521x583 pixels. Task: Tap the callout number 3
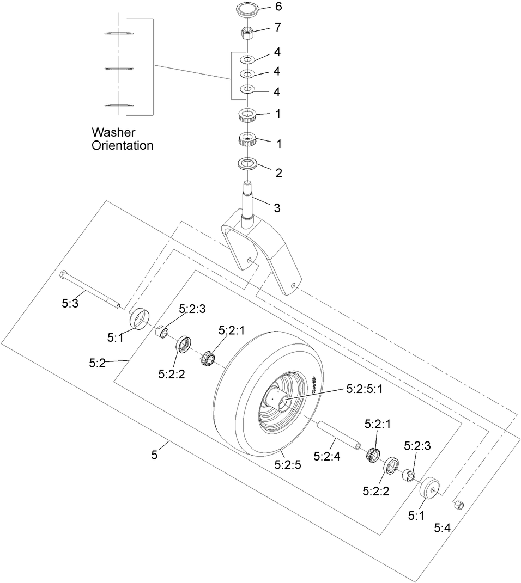pyautogui.click(x=277, y=207)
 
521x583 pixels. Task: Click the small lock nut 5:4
pyautogui.click(x=458, y=505)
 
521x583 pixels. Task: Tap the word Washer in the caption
pyautogui.click(x=113, y=132)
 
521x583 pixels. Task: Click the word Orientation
pyautogui.click(x=123, y=146)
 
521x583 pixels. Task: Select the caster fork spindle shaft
pyautogui.click(x=249, y=201)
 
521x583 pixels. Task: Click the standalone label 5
pyautogui.click(x=154, y=455)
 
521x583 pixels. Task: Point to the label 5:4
pyautogui.click(x=443, y=527)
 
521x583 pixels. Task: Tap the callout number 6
pyautogui.click(x=279, y=8)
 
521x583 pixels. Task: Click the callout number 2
pyautogui.click(x=279, y=173)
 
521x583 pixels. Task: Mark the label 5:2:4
pyautogui.click(x=326, y=457)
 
